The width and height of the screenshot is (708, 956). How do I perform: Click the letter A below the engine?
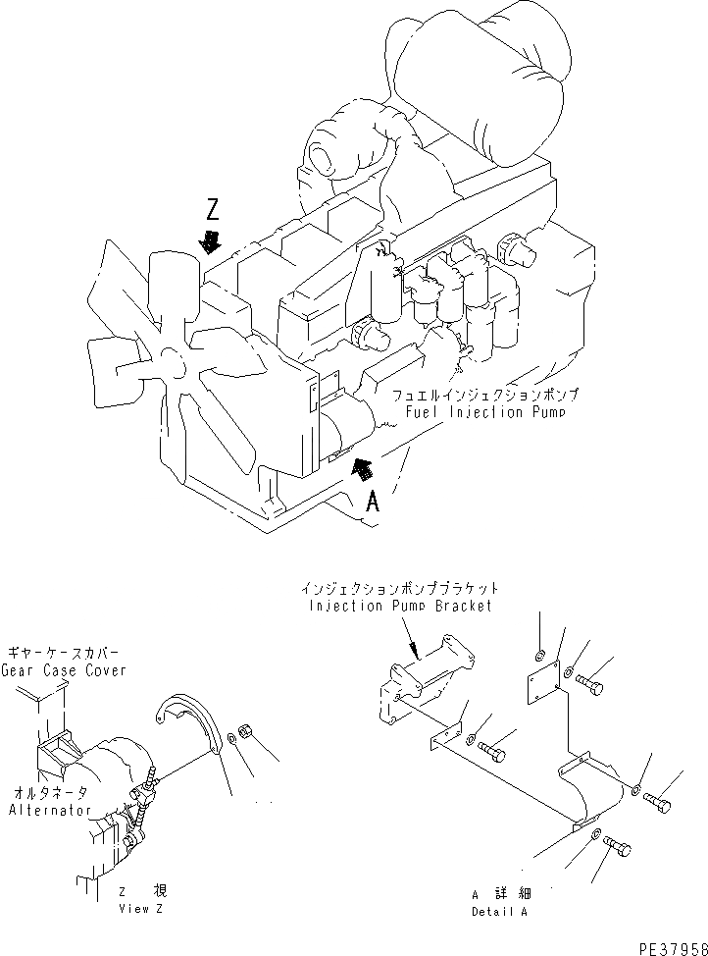click(373, 503)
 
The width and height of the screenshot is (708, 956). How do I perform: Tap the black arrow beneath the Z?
click(209, 240)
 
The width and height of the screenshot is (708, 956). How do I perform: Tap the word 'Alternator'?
click(50, 810)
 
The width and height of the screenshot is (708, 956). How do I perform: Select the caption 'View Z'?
click(141, 909)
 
